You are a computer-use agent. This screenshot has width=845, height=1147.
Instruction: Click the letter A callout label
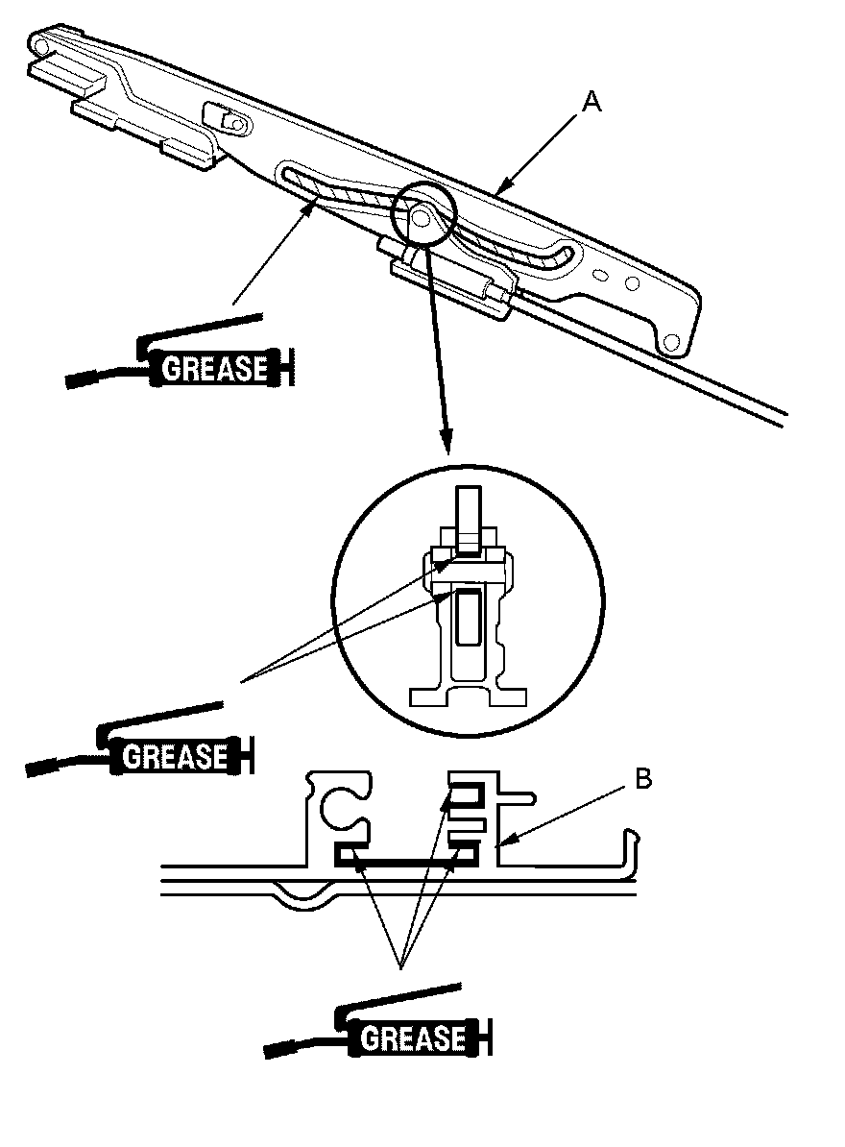click(591, 102)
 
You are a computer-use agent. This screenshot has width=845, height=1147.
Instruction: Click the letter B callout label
click(643, 779)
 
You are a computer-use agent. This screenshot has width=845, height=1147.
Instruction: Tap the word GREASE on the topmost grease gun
click(214, 368)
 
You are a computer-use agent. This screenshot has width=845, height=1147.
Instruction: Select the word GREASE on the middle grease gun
click(175, 756)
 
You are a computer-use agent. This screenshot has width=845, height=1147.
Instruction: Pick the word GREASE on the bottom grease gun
click(413, 1038)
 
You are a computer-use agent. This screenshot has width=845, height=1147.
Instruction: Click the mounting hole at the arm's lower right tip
click(669, 342)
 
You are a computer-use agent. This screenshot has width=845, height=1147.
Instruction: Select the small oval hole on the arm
click(602, 275)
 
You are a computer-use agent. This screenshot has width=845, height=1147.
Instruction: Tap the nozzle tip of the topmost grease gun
click(78, 380)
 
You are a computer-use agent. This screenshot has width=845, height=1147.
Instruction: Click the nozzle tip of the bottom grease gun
click(278, 1050)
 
